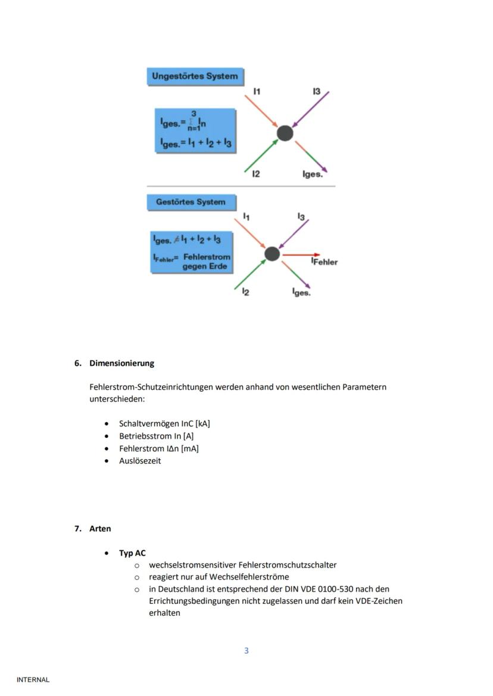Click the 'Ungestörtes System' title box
point(195,76)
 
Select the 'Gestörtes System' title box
point(191,202)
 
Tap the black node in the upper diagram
point(285,133)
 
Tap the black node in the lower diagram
point(272,254)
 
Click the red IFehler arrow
point(301,255)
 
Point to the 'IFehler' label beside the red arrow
point(324,262)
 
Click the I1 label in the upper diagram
point(257,91)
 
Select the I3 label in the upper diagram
point(316,91)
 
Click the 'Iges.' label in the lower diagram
point(301,293)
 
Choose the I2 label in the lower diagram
point(245,292)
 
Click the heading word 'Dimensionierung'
point(121,363)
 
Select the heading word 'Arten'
point(100,529)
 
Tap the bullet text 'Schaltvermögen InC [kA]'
point(164,424)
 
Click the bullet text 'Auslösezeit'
point(140,461)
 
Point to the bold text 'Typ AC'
point(132,553)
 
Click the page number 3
point(246,651)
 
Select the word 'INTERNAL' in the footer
point(33,680)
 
